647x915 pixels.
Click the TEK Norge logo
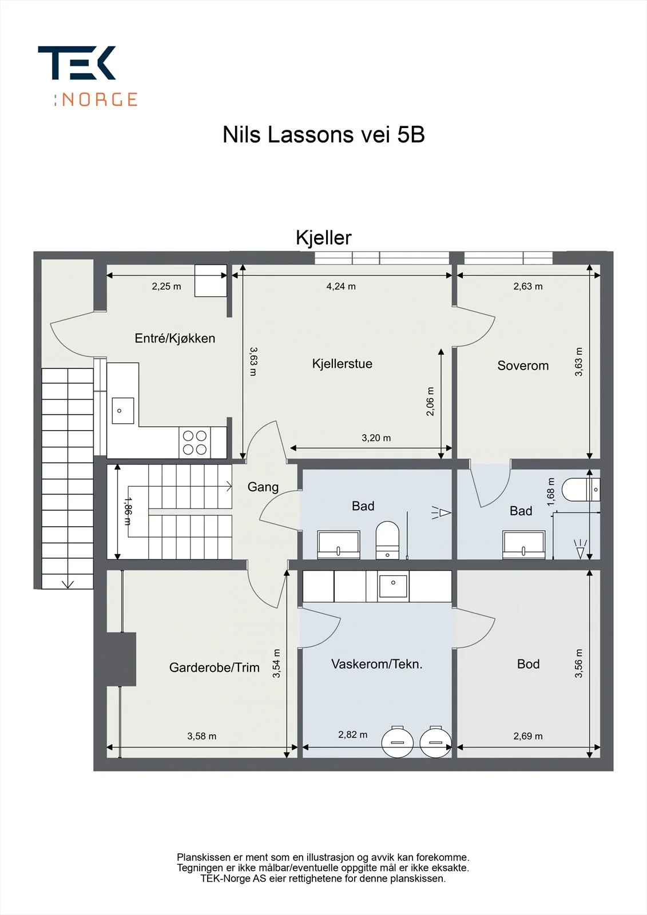[88, 76]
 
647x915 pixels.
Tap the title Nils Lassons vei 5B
[324, 134]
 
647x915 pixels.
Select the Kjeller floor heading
[324, 237]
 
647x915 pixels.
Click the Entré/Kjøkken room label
[175, 338]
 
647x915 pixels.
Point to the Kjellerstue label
[342, 364]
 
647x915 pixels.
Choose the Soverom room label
[523, 365]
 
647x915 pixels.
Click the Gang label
[263, 487]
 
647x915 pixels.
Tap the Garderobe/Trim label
[214, 667]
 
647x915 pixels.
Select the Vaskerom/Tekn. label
[377, 664]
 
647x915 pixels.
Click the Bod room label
[528, 664]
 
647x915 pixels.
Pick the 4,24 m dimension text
[341, 287]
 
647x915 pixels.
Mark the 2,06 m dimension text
[430, 401]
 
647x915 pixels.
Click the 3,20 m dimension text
[376, 438]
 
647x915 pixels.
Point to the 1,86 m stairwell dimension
[128, 511]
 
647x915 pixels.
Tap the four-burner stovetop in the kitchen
[195, 443]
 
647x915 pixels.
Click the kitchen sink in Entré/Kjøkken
[122, 411]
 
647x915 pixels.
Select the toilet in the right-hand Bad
[581, 490]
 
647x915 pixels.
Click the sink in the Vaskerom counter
[393, 586]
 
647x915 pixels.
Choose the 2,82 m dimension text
[353, 734]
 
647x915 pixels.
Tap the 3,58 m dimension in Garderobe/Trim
[201, 736]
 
